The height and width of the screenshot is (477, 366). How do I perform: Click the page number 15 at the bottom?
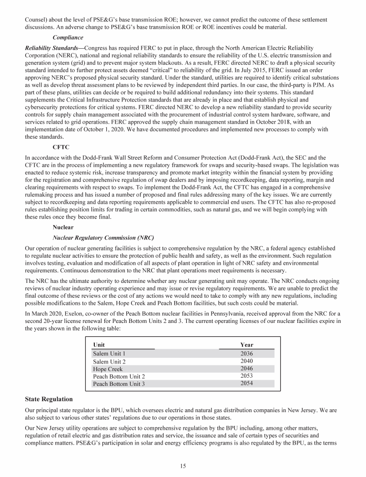coord(183,466)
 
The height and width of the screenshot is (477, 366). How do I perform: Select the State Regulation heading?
coord(49,398)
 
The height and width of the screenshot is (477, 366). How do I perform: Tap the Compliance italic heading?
coord(68,37)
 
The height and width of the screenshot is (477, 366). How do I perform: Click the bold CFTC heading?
coord(61,147)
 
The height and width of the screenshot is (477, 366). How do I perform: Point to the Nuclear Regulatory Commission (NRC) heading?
coord(103,238)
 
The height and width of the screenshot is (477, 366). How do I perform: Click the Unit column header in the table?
coord(99,344)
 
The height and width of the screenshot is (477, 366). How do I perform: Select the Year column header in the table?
coord(247,344)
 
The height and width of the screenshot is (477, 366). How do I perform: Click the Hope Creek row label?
coord(108,369)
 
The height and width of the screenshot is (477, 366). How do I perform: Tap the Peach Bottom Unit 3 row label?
coord(119,384)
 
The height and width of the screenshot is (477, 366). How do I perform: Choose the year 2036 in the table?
coord(247,353)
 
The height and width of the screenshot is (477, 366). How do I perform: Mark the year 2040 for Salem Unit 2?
coord(247,361)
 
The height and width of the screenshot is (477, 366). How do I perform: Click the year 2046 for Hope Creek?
coord(247,369)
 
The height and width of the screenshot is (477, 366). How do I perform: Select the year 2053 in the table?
coord(247,376)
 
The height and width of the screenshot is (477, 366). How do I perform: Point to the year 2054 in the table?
coord(247,384)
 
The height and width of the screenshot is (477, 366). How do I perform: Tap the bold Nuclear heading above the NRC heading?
coord(63,227)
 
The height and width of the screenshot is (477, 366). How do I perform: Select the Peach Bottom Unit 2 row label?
coord(119,376)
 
